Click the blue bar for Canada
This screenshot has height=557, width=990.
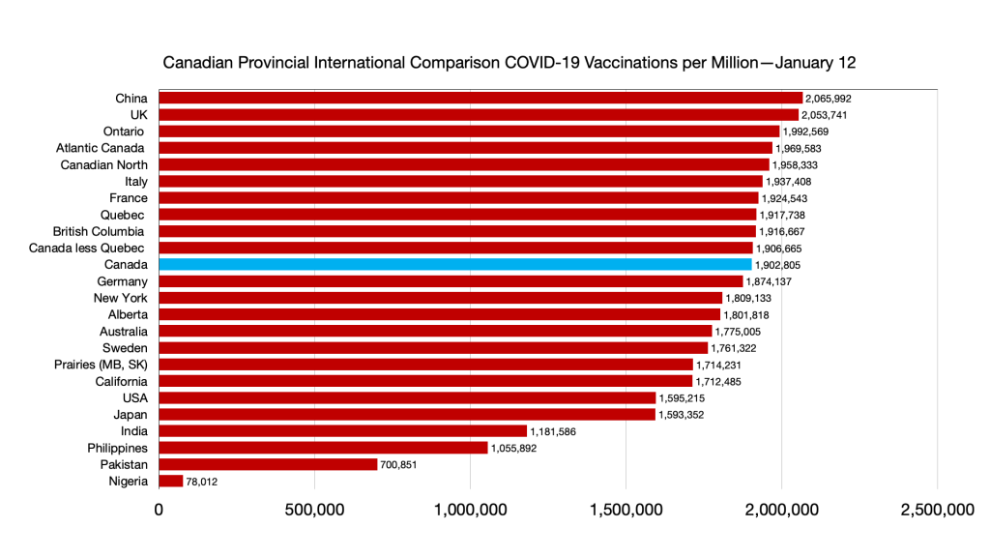(x=454, y=264)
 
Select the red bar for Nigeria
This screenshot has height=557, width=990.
(x=170, y=481)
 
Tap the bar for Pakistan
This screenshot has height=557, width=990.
(x=268, y=464)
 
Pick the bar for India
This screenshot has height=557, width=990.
(x=342, y=430)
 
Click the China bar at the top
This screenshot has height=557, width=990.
(x=480, y=98)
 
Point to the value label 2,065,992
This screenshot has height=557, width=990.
(x=829, y=98)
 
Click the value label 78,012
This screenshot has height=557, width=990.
(x=202, y=481)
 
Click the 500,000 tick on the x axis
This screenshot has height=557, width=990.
(x=315, y=510)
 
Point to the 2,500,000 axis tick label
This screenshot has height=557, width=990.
(x=938, y=510)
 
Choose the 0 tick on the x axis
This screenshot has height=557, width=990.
(x=159, y=510)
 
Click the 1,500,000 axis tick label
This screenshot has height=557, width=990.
(x=626, y=510)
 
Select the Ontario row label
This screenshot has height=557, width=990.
(x=125, y=131)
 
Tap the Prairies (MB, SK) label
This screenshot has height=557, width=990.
(x=101, y=365)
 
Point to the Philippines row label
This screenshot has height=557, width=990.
(x=116, y=448)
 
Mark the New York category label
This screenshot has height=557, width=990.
(x=121, y=298)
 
